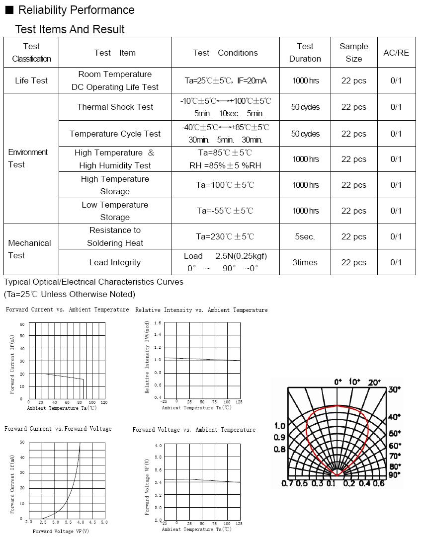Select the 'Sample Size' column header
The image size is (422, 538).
[354, 52]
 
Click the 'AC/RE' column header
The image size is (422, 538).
[396, 53]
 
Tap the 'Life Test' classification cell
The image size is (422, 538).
[31, 80]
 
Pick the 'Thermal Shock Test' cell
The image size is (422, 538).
[115, 107]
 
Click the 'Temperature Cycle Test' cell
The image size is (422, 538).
[115, 134]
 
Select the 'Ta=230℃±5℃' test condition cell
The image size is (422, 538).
[225, 236]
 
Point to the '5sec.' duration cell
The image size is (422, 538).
[305, 236]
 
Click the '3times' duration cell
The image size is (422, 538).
[305, 262]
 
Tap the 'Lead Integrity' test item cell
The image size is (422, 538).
[115, 262]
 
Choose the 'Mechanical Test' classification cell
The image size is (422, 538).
[29, 249]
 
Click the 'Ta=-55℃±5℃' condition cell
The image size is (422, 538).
[225, 211]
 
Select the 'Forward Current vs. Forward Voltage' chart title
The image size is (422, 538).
[58, 429]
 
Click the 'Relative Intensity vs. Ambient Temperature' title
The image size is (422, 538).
[201, 310]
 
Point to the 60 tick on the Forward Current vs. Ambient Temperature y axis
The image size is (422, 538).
[22, 324]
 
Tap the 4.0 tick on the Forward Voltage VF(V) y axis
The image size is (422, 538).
[158, 445]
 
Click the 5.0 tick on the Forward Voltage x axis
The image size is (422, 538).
[104, 522]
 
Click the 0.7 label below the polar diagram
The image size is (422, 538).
[287, 483]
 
